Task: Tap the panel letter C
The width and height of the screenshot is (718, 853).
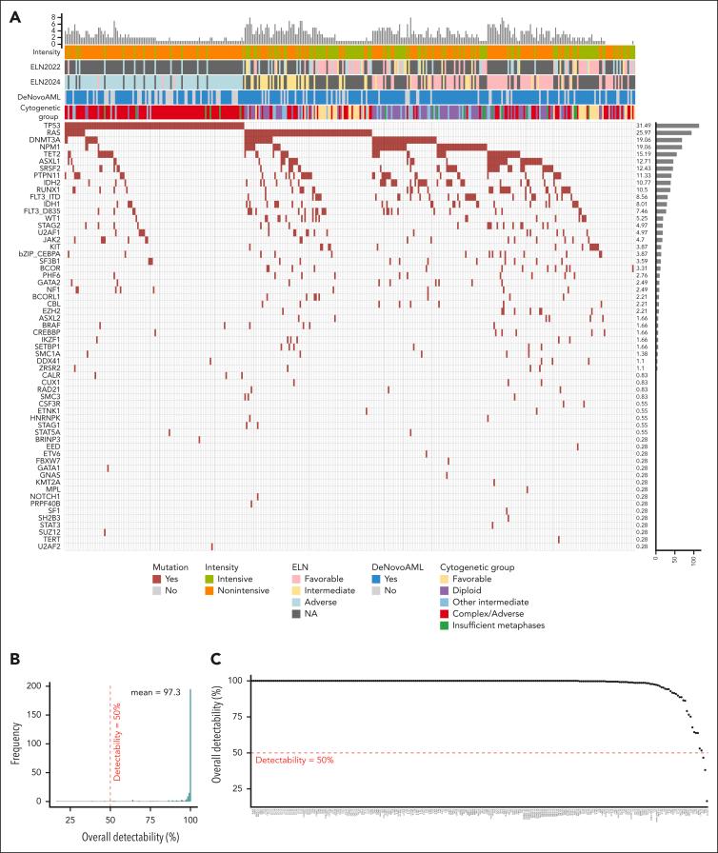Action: [217, 658]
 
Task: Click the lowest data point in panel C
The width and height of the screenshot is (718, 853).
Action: [707, 801]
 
